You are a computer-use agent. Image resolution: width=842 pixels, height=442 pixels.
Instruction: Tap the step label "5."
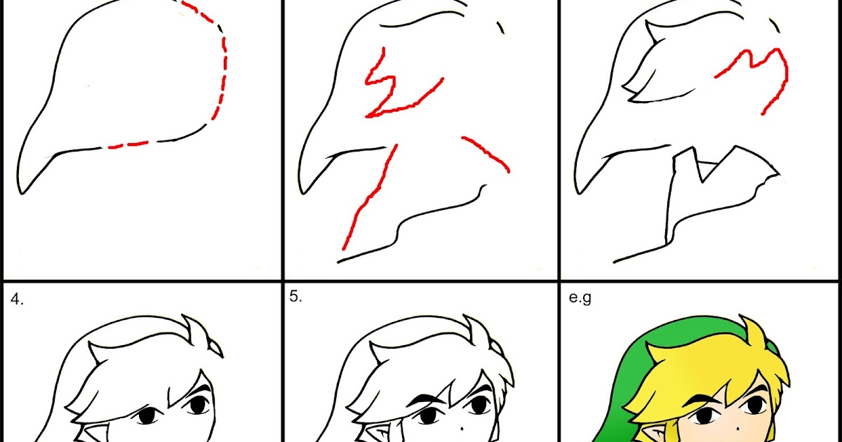coord(295,297)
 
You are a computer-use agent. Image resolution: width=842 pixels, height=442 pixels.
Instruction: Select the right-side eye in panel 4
coord(197,405)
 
